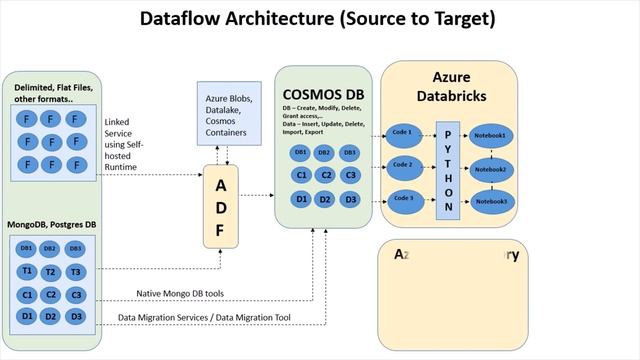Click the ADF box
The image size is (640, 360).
point(222,206)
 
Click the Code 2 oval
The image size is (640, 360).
point(402,165)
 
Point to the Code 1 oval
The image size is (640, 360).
point(402,133)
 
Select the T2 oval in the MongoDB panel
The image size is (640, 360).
point(51,272)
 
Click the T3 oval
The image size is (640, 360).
point(75,272)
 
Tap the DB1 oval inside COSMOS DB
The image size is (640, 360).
point(300,153)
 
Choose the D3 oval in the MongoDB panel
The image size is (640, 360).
point(75,317)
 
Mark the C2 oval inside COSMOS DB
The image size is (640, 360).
point(325,175)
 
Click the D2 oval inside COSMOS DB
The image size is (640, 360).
point(325,199)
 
